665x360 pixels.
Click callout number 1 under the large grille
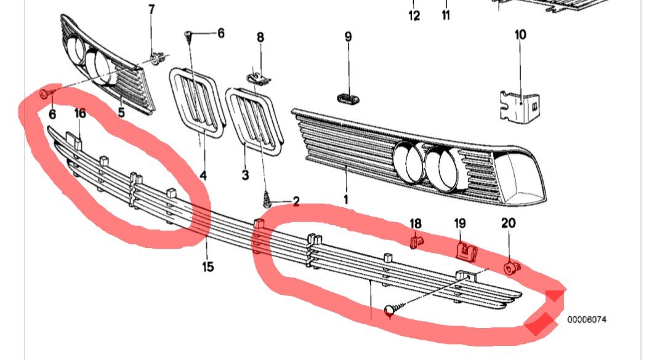click(345, 199)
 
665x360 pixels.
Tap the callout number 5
click(121, 113)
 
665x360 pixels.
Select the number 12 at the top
click(414, 15)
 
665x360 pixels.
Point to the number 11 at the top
click(446, 15)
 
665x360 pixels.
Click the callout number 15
click(208, 266)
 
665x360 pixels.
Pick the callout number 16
click(79, 113)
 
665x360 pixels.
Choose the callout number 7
click(151, 9)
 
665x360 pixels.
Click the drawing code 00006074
click(587, 319)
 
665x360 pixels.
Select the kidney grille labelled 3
click(254, 120)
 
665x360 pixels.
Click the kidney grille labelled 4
click(197, 103)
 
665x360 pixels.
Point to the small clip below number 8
click(258, 78)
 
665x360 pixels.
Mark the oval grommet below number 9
click(349, 99)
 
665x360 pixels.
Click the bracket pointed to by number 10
click(519, 106)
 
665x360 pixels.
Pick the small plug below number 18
click(416, 241)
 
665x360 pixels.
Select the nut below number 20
click(512, 268)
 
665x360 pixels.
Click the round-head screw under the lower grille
click(392, 311)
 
